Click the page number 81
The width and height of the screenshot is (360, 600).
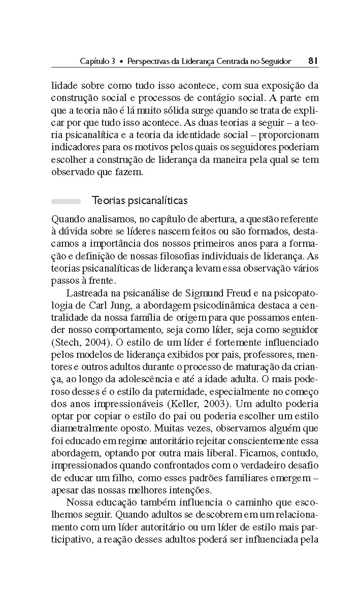313,61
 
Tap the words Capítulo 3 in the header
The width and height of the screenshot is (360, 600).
97,61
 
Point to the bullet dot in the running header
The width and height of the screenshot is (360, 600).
121,61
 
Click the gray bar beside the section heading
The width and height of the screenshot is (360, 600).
66,201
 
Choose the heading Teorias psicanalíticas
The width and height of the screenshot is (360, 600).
140,201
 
